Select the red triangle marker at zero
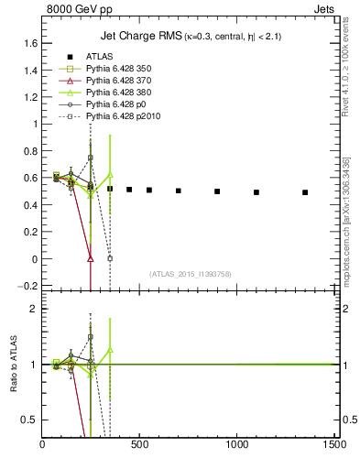tap(90, 258)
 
